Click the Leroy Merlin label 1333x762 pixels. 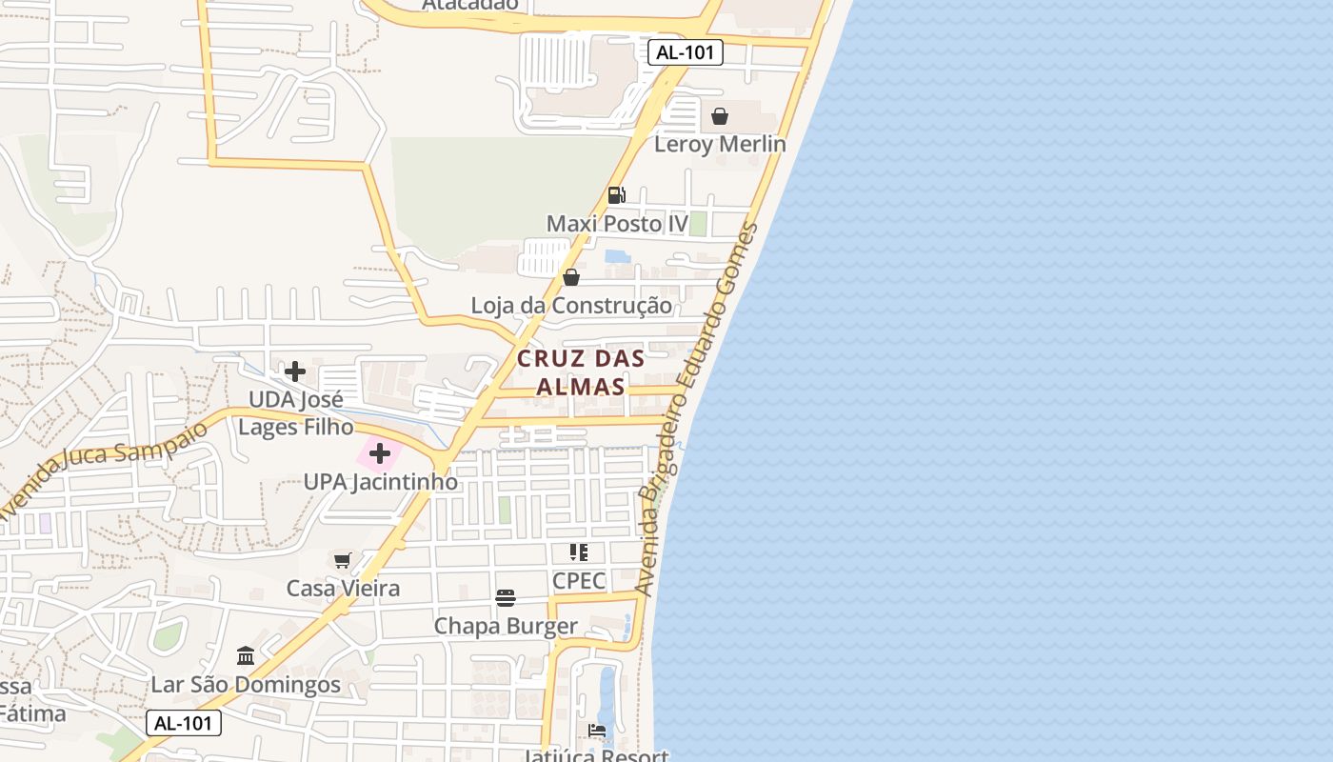pos(720,144)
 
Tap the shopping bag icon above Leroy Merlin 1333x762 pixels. pos(720,116)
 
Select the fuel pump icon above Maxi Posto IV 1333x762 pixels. pos(617,195)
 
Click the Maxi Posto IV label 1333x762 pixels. pos(617,224)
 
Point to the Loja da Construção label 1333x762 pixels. pos(571,306)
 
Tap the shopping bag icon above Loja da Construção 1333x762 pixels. pos(571,277)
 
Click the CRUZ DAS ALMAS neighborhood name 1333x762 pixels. pos(581,372)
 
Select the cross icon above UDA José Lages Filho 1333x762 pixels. pos(295,371)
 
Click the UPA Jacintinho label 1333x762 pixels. pos(381,482)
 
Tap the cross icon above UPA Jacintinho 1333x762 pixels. pos(380,453)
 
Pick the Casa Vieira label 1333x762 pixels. pos(343,589)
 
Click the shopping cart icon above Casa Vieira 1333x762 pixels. pos(343,560)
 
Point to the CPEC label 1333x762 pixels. pos(579,580)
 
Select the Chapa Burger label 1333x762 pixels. pos(506,626)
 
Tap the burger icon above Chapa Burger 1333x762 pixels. pos(506,598)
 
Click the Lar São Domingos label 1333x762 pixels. pos(246,685)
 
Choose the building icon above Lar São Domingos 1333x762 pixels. pos(246,656)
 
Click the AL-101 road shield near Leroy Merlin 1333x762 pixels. pos(686,52)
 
